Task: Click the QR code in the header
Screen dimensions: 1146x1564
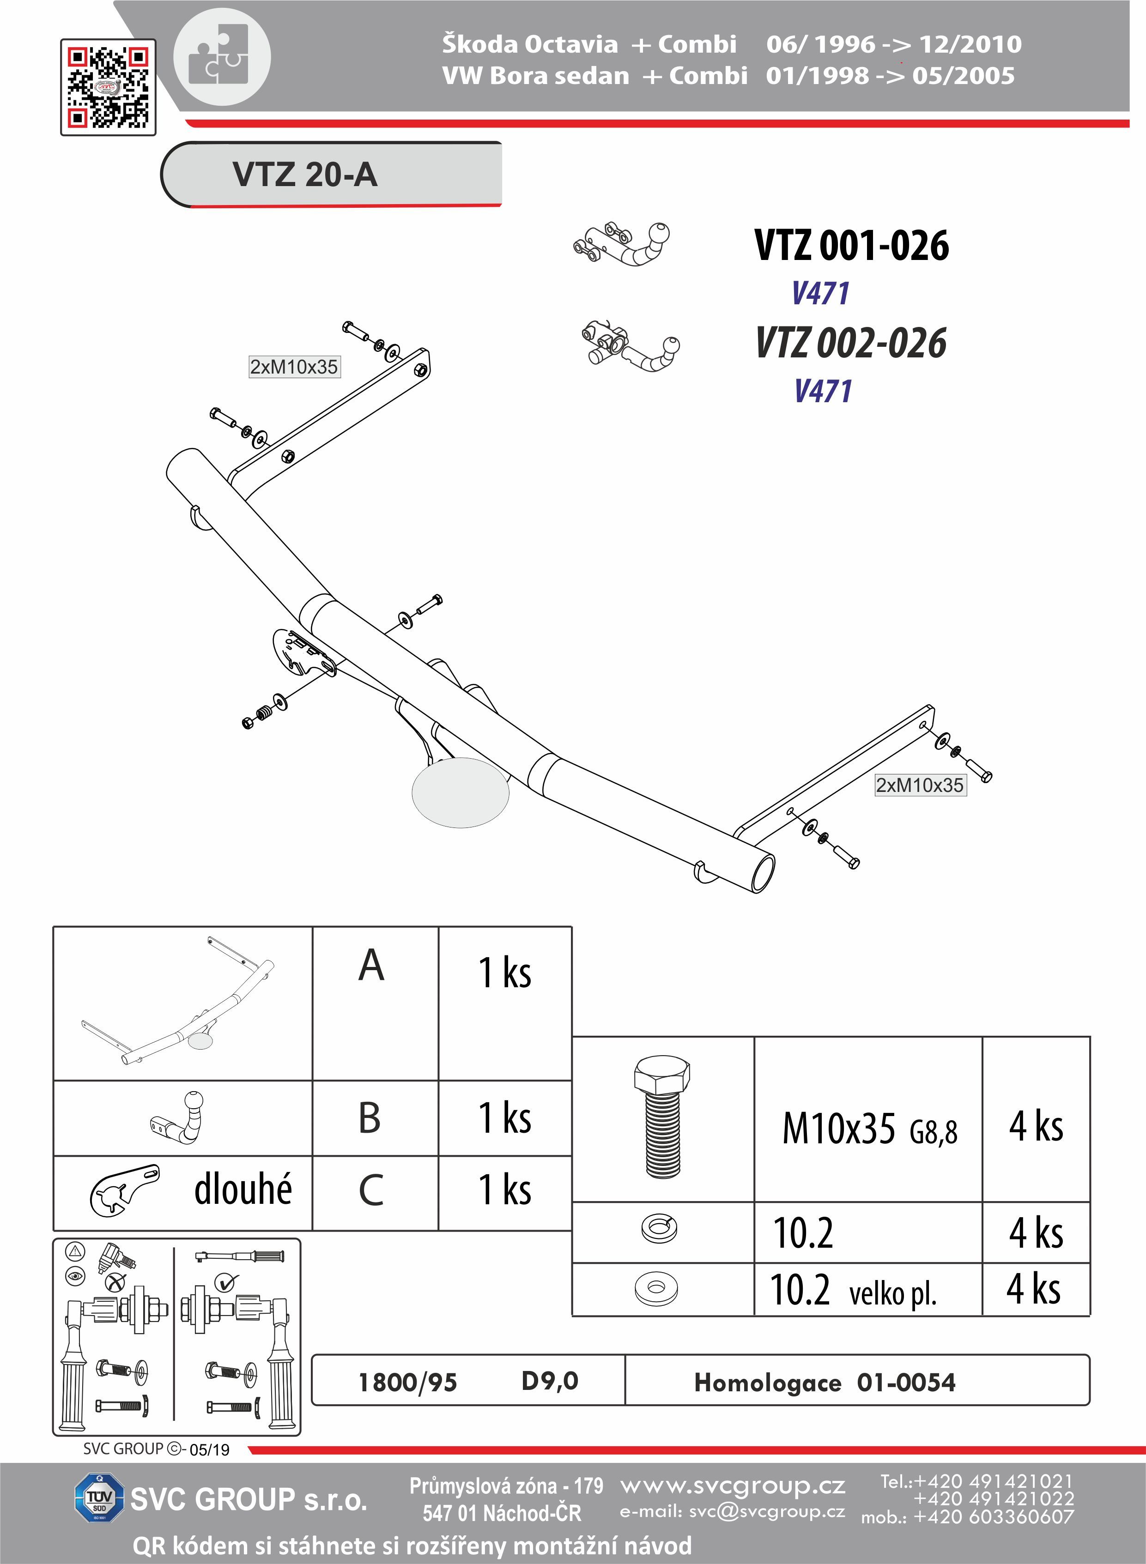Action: point(108,87)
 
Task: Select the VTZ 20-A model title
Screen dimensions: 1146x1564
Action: point(305,174)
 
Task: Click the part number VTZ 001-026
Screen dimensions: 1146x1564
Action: point(851,246)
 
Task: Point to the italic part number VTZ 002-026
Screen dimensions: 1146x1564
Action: point(851,343)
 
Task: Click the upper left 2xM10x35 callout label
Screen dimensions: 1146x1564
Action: point(294,367)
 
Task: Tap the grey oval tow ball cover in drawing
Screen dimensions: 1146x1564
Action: point(461,792)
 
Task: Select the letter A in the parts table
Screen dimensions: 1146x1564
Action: point(371,966)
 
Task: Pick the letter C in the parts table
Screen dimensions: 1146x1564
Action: point(371,1190)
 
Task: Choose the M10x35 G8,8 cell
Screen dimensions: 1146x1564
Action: point(869,1129)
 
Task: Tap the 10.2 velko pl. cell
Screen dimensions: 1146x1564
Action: point(853,1290)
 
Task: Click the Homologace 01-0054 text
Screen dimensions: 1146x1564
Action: point(825,1382)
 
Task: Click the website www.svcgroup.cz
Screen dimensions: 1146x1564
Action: point(733,1485)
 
